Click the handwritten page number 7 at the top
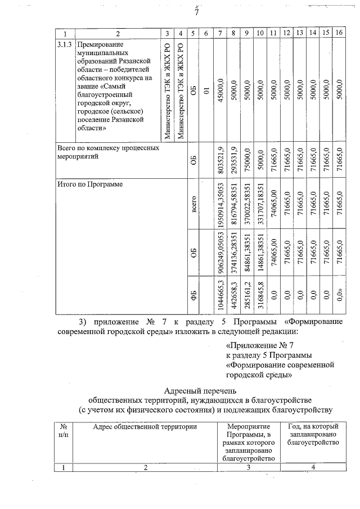pyautogui.click(x=196, y=12)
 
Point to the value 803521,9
pyautogui.click(x=221, y=158)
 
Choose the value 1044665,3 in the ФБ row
pyautogui.click(x=221, y=295)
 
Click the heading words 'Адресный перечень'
pyautogui.click(x=200, y=390)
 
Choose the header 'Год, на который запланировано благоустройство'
pyautogui.click(x=313, y=435)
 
